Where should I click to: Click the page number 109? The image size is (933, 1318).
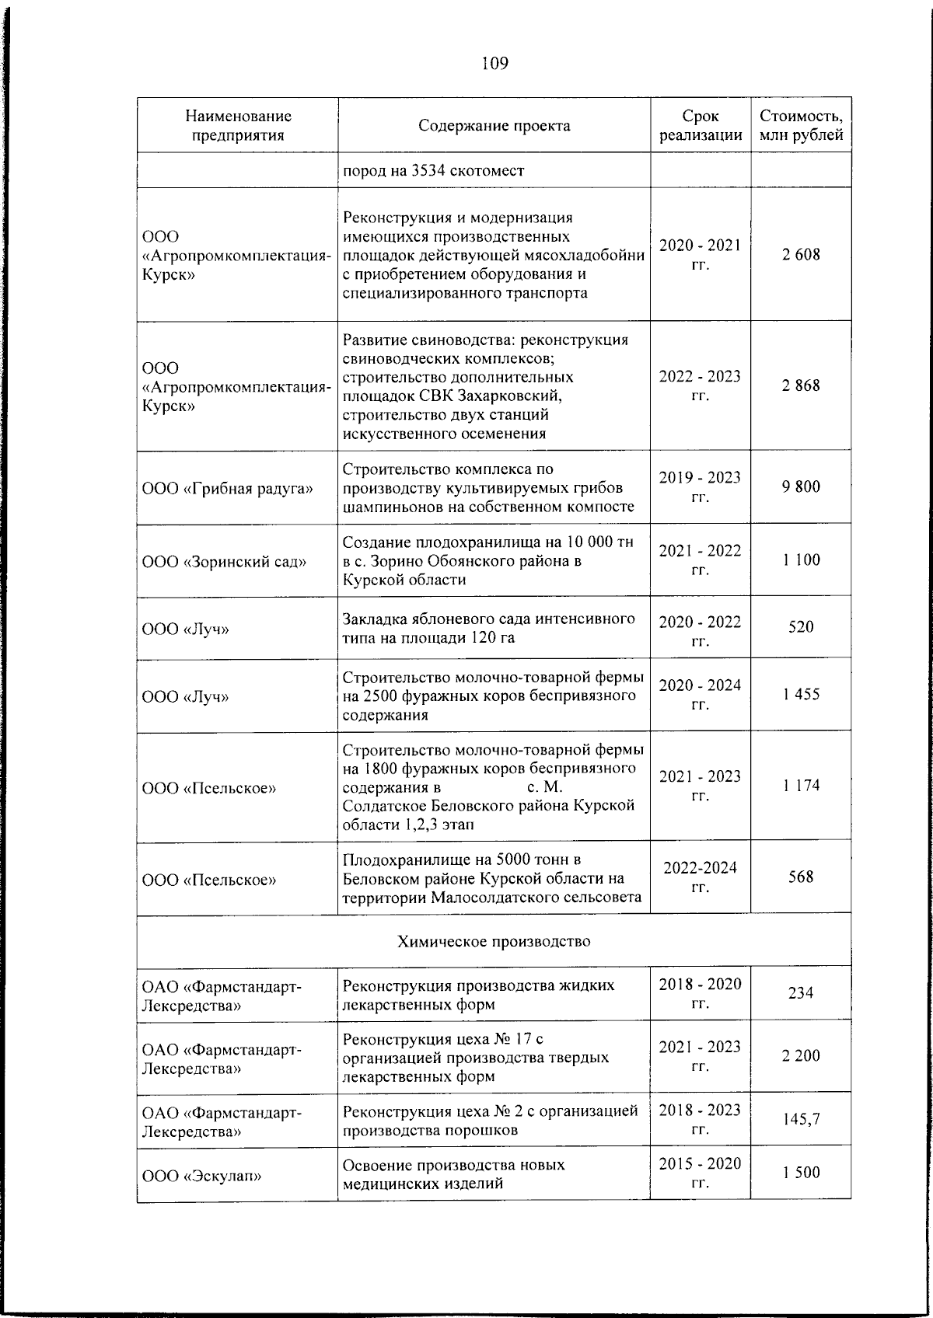point(494,63)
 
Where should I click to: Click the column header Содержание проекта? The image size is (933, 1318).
point(494,126)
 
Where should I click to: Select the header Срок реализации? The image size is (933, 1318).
point(700,126)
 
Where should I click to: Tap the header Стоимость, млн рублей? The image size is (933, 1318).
point(801,126)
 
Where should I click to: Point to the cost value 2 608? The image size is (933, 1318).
point(801,255)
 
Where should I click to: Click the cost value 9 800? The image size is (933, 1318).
point(801,487)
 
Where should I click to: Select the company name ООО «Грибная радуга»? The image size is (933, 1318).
point(228,489)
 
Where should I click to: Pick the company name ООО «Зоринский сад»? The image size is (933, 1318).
point(224,561)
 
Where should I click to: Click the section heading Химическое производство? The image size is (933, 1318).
point(494,942)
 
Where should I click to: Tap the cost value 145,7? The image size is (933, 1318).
point(801,1120)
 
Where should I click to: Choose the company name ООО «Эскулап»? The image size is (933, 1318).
point(201,1176)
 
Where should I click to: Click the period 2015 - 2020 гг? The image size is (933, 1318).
point(700,1173)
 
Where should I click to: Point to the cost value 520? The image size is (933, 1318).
point(801,627)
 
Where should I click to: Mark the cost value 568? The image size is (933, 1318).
point(801,877)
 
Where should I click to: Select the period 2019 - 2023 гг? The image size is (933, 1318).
point(700,486)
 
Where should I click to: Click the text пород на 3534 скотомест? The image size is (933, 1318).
point(433,171)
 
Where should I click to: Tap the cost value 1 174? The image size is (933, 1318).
point(801,786)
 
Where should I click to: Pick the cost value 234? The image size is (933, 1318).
point(801,993)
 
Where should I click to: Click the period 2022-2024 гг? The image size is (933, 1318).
point(700,877)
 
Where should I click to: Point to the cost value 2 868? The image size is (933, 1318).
point(801,386)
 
